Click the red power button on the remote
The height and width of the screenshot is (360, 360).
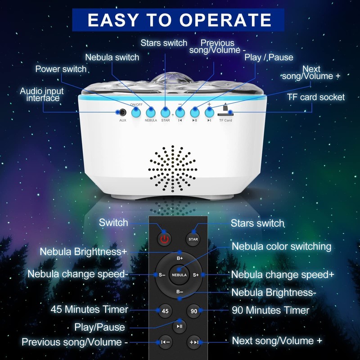point(164,238)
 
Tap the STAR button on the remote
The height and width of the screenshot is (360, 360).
point(193,239)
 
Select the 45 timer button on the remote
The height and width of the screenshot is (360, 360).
point(165,310)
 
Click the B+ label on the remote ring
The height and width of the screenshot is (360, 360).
point(180,258)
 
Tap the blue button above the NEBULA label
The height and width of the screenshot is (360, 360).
point(151,111)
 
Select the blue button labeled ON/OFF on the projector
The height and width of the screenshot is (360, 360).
point(135,112)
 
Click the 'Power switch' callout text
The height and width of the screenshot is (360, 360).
point(61,69)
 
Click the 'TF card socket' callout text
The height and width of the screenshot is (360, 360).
point(316,97)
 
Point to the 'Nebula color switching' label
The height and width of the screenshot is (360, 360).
point(281,247)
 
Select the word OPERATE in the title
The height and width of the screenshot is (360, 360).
point(226,20)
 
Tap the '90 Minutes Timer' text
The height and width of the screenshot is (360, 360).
point(270,310)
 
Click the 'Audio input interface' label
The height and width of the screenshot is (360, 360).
point(41,94)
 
